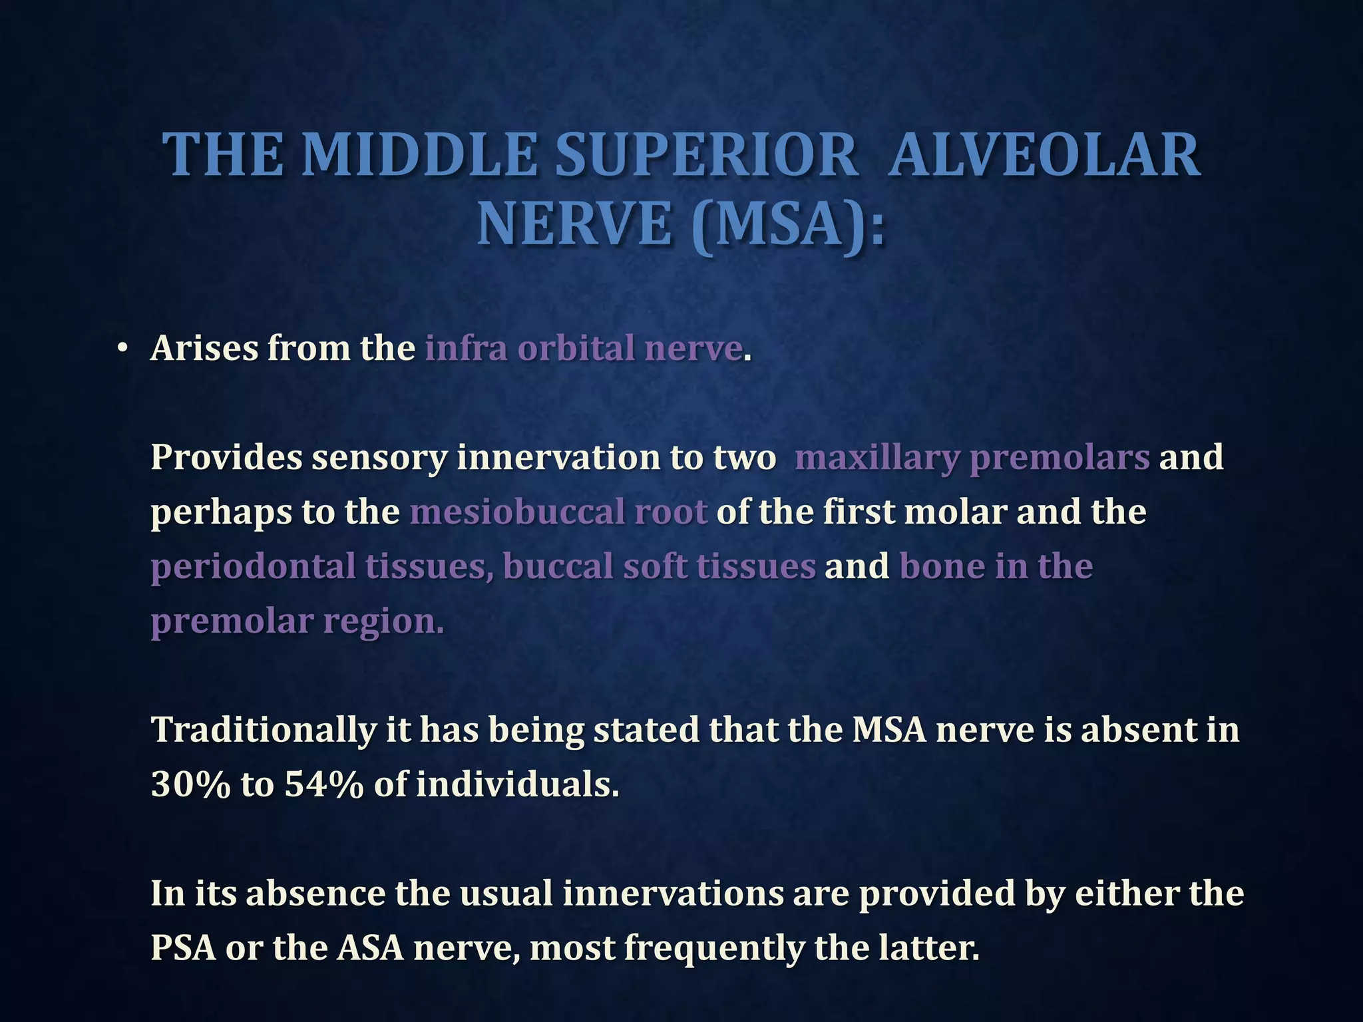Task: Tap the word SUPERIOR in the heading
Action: click(705, 155)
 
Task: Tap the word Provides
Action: click(226, 458)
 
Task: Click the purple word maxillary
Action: click(876, 458)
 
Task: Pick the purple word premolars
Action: click(1060, 458)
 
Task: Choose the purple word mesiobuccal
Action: click(516, 512)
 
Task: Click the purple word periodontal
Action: click(253, 567)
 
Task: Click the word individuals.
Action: click(517, 785)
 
